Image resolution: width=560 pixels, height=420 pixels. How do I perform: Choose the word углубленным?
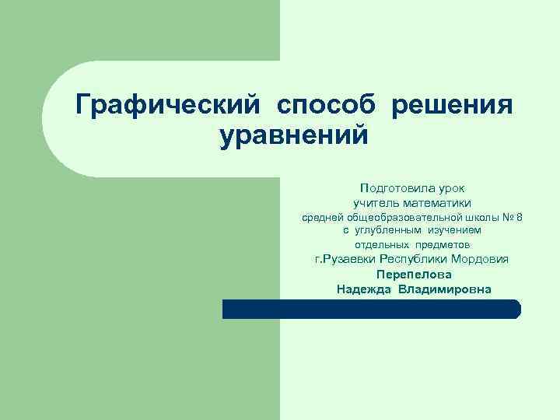point(389,230)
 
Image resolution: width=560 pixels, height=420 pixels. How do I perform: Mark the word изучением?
point(453,230)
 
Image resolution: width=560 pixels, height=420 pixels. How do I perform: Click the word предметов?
point(441,244)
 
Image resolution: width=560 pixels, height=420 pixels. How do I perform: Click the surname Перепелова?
point(413,275)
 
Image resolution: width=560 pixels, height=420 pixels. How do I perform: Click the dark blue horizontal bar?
point(371,309)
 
